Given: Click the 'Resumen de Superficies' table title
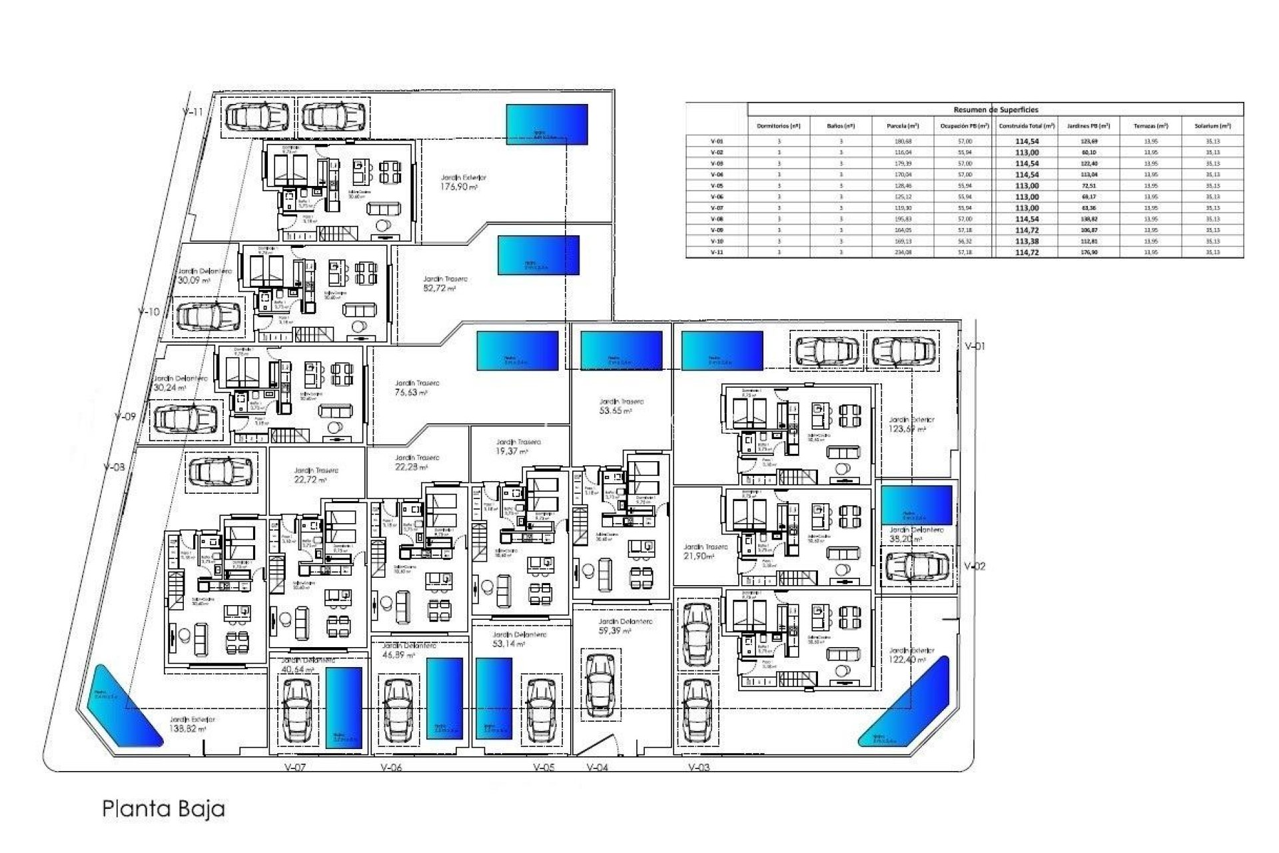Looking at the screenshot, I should tap(995, 110).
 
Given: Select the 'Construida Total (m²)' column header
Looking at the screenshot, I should tap(1027, 126).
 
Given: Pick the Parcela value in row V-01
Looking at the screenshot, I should tap(903, 141).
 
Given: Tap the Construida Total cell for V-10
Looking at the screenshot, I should tap(1027, 241).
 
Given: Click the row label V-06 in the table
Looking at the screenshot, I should tap(717, 197).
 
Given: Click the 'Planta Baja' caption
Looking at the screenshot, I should tap(163, 809).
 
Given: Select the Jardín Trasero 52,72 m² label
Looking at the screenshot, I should tap(445, 284).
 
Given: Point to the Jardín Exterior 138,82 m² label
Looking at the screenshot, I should tap(192, 724).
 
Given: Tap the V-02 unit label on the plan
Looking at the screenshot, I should tap(975, 566).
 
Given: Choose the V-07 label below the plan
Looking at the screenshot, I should tap(294, 768).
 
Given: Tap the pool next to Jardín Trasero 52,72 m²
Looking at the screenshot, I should tap(538, 255).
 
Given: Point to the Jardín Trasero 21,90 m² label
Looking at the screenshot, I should tap(705, 551).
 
